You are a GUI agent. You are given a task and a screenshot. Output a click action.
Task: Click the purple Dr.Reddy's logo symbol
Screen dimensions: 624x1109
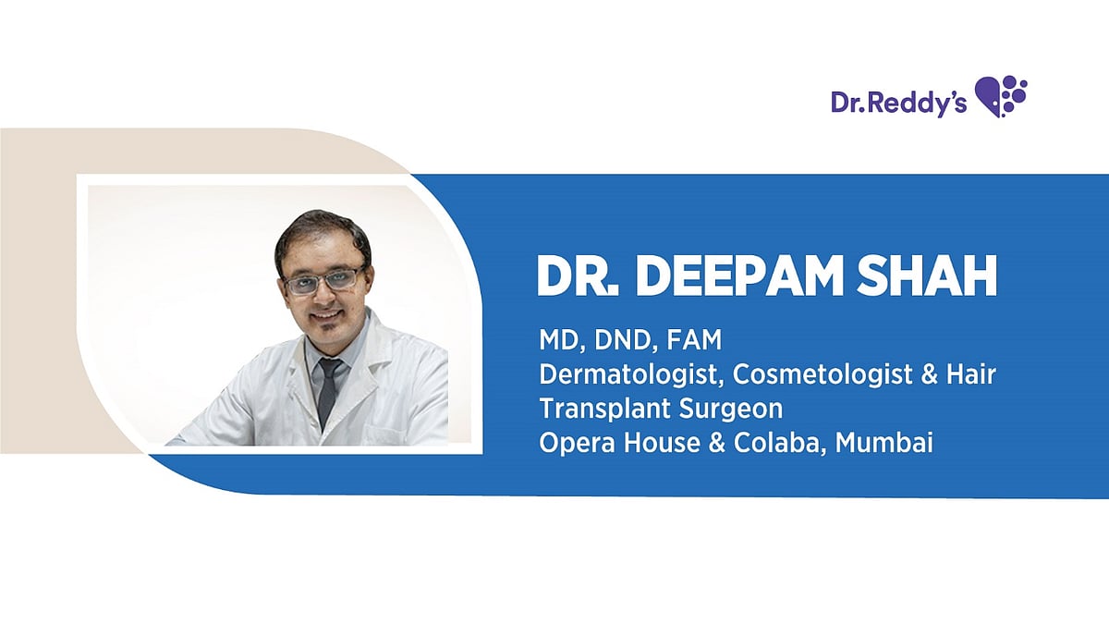pos(1002,95)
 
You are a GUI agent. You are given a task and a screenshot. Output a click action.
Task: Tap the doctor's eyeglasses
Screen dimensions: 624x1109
pos(324,280)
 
